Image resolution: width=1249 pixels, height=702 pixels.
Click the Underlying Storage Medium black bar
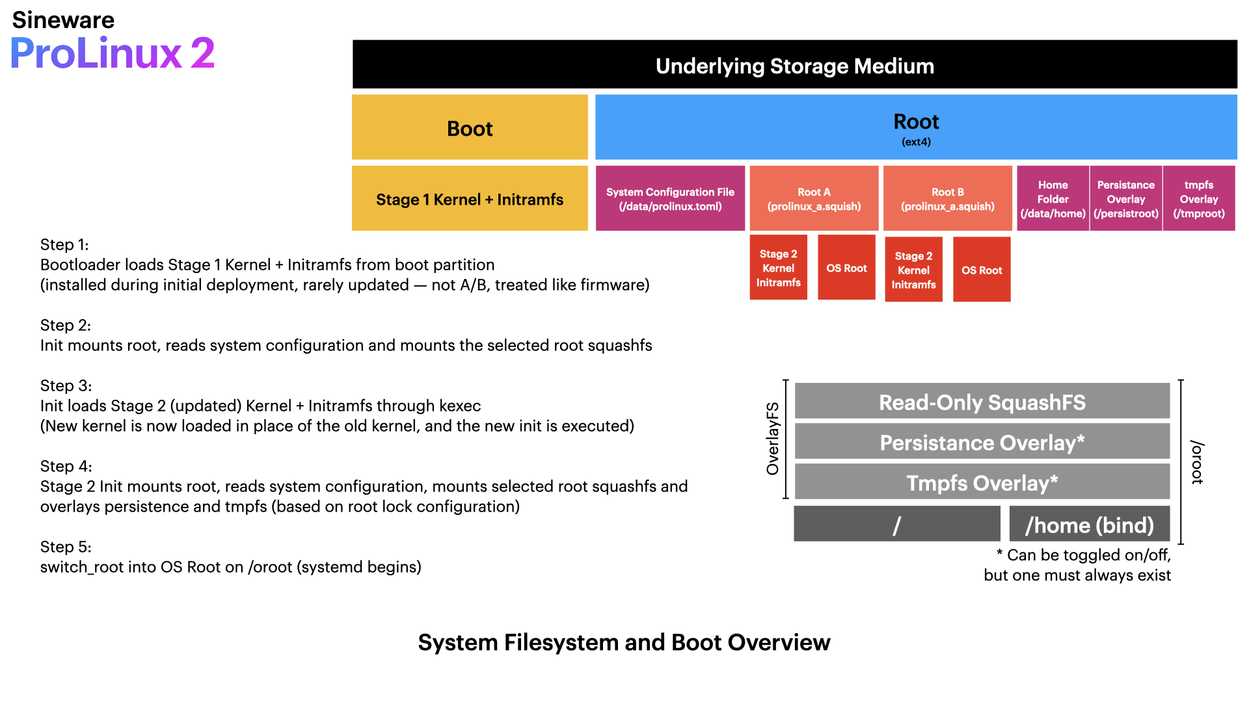(794, 64)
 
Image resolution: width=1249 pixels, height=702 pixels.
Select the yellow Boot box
(470, 127)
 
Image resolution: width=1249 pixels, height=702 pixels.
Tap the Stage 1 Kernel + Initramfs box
(470, 199)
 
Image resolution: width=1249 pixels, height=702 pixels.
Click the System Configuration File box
(670, 199)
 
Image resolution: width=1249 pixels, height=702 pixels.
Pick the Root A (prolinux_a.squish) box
(814, 199)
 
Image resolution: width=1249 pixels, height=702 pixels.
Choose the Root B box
(947, 199)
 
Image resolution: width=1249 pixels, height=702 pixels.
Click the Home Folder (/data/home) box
(1053, 199)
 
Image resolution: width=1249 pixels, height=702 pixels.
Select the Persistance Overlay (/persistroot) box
(1125, 199)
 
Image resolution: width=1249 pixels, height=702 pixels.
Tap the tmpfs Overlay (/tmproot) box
(1198, 199)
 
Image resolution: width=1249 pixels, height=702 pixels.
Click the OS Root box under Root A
(846, 268)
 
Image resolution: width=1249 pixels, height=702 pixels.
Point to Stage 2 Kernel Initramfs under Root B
(913, 270)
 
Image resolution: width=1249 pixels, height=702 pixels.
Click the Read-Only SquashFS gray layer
(982, 402)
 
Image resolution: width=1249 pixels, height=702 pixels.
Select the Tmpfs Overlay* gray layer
(982, 482)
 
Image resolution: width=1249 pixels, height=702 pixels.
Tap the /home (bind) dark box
(1089, 525)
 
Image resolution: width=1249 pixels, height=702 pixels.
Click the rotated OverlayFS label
(772, 439)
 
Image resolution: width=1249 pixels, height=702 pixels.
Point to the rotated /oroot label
(1197, 462)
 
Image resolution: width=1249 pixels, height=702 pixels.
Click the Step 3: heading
(66, 385)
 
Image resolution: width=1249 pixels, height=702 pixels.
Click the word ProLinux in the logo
(96, 53)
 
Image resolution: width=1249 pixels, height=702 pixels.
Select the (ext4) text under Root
(915, 142)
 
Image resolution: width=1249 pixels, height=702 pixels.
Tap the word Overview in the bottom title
(779, 642)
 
